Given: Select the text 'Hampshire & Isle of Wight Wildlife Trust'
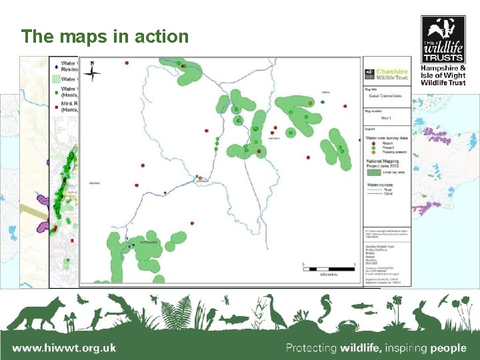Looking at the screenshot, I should [443, 74].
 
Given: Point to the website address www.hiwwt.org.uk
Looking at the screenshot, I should [64, 347].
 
